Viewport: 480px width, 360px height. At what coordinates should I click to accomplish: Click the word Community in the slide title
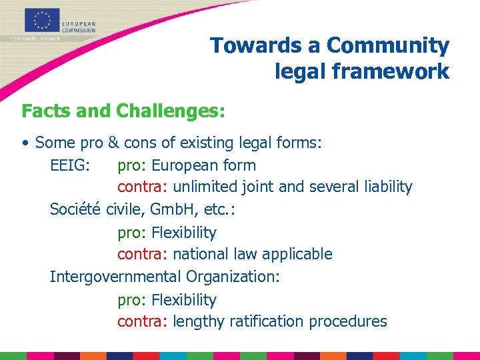click(x=388, y=46)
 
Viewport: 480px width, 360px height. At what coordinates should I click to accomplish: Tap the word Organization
click(x=233, y=277)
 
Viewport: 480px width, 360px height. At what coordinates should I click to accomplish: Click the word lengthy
click(x=199, y=321)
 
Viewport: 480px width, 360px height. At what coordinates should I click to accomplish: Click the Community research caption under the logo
click(x=35, y=38)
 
